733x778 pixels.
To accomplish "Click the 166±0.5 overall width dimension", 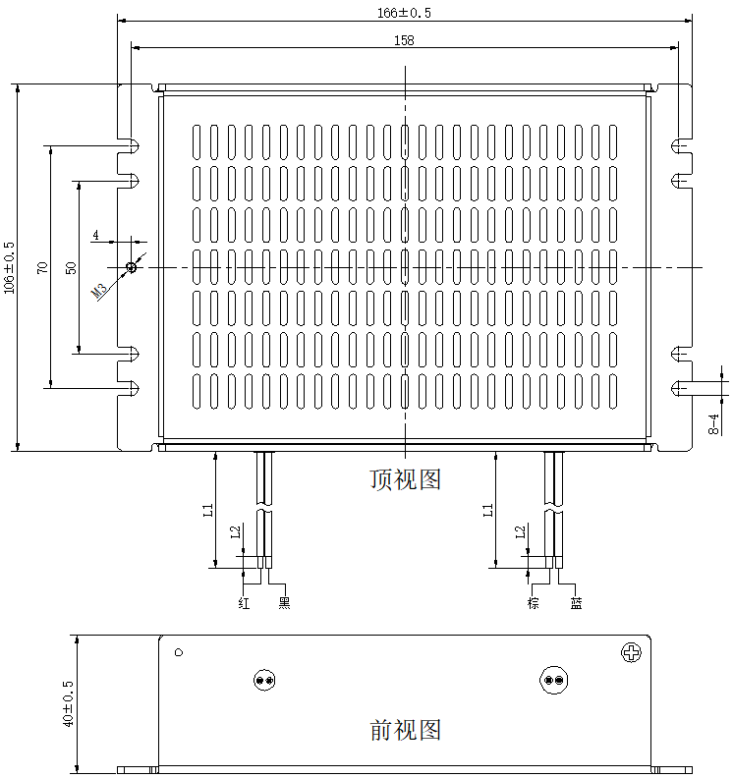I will click(404, 13).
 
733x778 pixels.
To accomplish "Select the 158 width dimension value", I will click(404, 40).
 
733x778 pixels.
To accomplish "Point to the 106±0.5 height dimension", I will click(10, 267).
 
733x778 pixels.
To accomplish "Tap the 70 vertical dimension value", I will click(41, 267).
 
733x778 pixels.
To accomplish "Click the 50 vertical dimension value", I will click(69, 267).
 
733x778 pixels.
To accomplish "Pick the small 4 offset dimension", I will click(95, 235).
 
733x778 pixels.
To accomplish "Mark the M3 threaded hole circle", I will click(132, 267).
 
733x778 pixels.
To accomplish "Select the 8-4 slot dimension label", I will click(714, 423).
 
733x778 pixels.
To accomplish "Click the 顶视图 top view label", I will click(405, 479).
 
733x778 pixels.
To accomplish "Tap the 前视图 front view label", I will click(405, 730).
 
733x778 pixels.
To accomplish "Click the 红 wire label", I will click(245, 603).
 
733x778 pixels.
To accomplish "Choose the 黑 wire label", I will click(285, 603).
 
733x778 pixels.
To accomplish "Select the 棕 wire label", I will click(535, 603).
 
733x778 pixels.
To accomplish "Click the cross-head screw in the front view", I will click(631, 652).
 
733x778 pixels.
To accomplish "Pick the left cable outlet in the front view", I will click(263, 680).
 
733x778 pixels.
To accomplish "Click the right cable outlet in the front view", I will click(553, 680).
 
